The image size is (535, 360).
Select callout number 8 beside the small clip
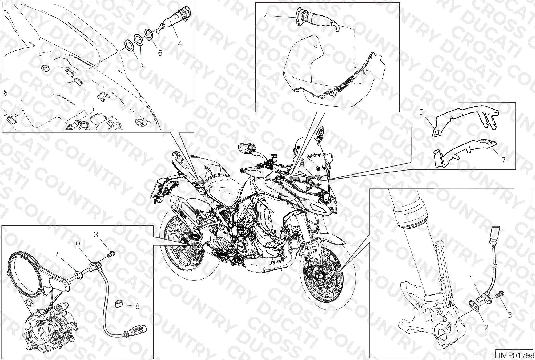[x=137, y=306]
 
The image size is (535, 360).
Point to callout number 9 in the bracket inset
[x=421, y=112]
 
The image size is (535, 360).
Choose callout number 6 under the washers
[x=160, y=53]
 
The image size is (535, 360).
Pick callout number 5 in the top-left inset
[x=141, y=64]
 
